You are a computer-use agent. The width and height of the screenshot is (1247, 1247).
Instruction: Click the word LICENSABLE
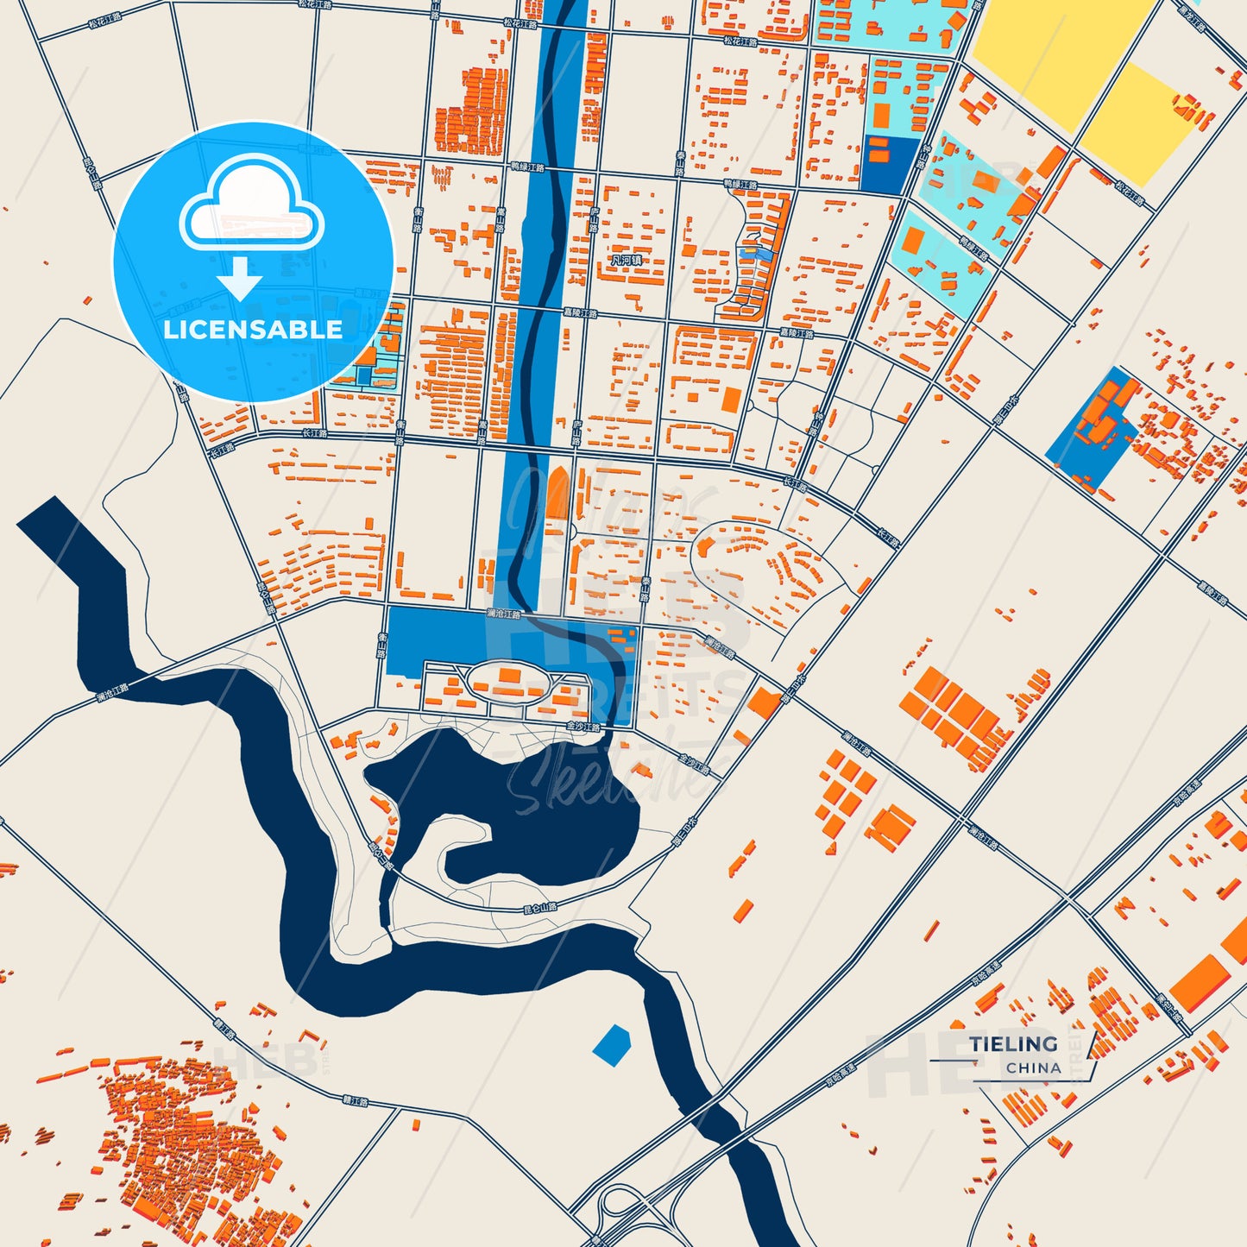tap(253, 330)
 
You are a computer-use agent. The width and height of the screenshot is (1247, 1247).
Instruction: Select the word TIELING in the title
tap(1013, 1044)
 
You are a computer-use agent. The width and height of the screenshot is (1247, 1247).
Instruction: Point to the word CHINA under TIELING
tap(1033, 1068)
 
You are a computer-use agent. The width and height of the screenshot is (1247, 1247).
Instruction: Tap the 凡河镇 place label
tap(626, 260)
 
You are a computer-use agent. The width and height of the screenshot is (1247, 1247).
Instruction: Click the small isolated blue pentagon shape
tap(612, 1044)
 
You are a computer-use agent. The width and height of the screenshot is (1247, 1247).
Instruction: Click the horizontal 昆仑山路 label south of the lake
tap(541, 907)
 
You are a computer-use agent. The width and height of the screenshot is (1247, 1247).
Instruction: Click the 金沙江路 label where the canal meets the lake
tap(583, 727)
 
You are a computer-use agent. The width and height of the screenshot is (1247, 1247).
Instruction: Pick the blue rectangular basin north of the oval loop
tap(449, 639)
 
